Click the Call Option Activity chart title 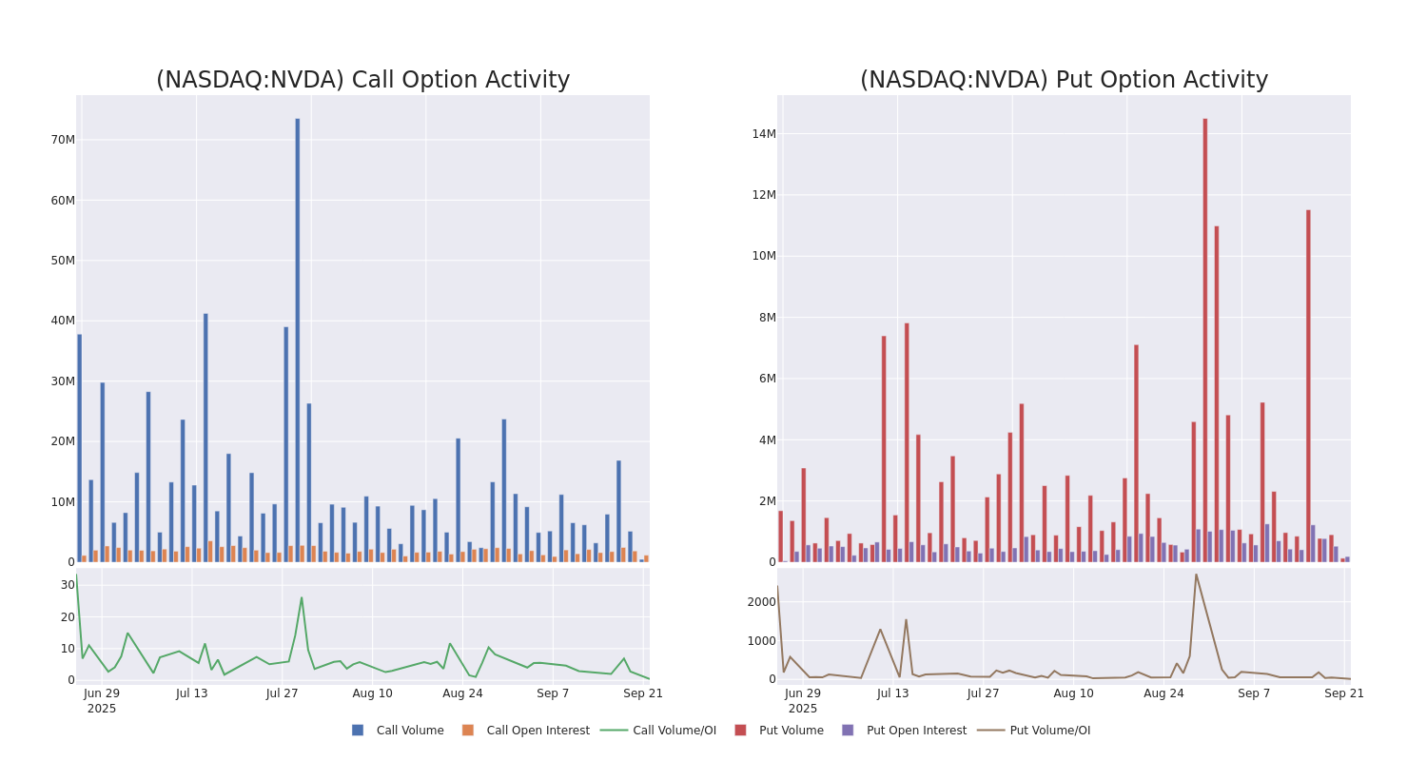[362, 80]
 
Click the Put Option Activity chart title [1064, 80]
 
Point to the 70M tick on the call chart [63, 140]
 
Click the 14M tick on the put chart [764, 134]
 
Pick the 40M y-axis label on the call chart [63, 321]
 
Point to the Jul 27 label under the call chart [283, 693]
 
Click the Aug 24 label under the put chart [1163, 693]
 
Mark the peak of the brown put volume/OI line [1196, 574]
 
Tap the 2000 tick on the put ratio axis [761, 602]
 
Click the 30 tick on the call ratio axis [68, 585]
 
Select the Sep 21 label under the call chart [643, 693]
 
